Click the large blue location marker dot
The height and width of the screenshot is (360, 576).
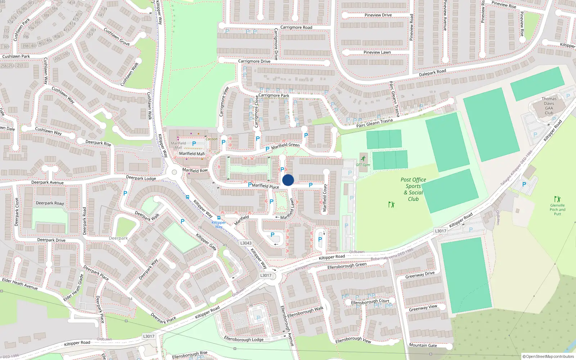(288, 180)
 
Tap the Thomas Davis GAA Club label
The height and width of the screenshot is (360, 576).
(549, 105)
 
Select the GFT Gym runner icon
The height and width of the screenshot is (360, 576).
(363, 159)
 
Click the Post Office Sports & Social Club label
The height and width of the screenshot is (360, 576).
(413, 189)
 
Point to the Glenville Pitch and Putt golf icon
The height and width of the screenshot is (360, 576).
(557, 199)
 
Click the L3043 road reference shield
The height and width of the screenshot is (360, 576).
(246, 243)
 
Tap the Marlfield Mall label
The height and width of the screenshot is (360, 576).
(192, 154)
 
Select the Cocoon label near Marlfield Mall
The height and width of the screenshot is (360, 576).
(211, 139)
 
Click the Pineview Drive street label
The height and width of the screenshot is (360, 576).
(378, 15)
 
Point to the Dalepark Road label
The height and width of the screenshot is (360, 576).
(432, 72)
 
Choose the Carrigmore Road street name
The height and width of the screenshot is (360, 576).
(296, 27)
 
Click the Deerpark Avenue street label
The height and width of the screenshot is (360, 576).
(47, 183)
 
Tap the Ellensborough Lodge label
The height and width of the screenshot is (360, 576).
(244, 339)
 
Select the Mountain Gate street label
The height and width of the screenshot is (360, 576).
(423, 345)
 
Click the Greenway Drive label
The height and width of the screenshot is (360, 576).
(420, 275)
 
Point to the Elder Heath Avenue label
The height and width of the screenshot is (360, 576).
(20, 284)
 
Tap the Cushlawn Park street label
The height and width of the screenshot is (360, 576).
(16, 57)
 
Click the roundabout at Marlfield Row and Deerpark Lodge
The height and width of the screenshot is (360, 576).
(175, 172)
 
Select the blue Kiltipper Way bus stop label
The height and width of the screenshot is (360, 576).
(219, 224)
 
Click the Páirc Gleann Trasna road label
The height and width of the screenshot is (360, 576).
(374, 123)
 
